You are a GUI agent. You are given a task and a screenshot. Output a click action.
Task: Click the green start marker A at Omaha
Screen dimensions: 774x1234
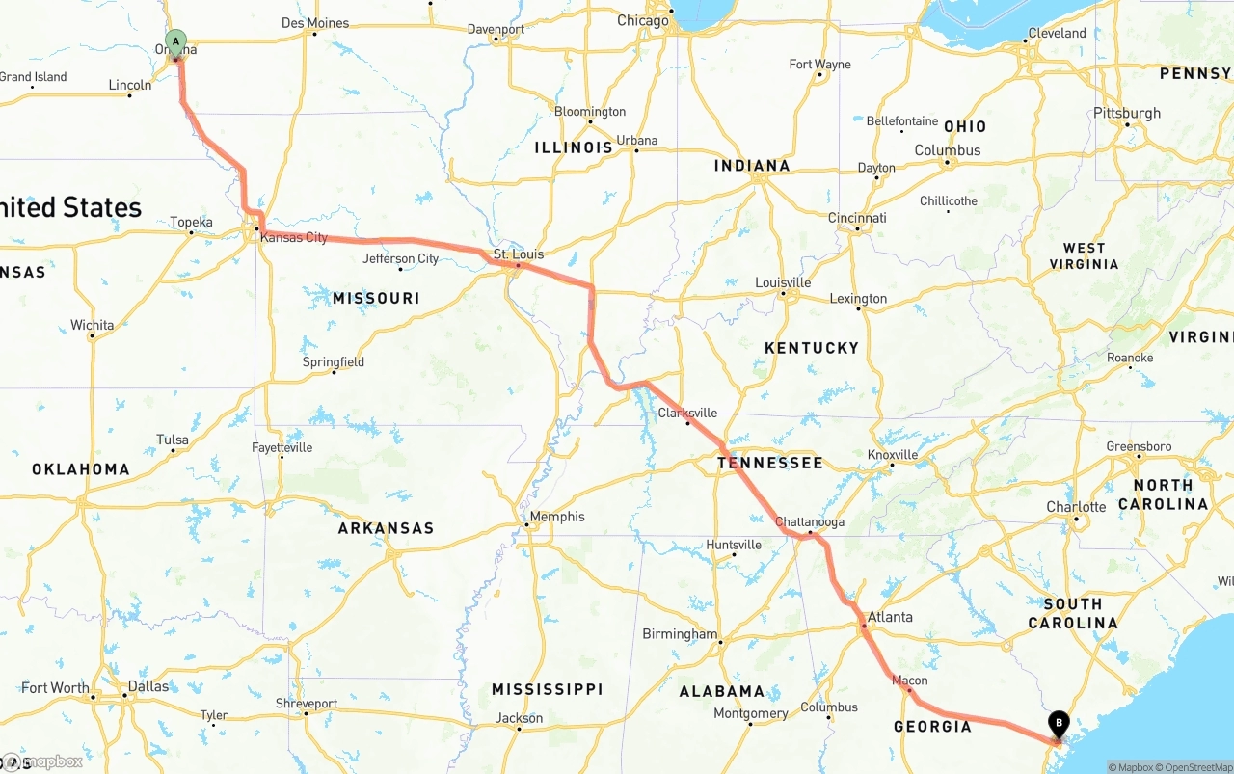175,41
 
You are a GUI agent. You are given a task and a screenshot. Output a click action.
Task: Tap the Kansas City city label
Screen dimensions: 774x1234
294,237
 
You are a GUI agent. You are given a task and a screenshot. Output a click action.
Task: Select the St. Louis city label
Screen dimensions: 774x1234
519,254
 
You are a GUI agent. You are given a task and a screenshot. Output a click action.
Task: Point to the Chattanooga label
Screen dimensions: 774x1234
810,522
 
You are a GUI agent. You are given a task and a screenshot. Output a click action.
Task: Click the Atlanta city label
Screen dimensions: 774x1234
890,617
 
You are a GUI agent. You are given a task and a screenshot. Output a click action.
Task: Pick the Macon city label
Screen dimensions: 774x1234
909,681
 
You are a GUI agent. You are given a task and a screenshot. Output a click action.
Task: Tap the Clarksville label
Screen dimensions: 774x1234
687,413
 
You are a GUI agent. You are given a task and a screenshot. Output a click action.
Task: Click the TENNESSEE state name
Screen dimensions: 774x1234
769,463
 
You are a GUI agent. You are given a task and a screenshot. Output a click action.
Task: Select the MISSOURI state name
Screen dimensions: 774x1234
376,298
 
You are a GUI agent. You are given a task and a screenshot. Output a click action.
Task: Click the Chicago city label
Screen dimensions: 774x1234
643,20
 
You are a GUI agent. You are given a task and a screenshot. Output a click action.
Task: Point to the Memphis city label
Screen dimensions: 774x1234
557,517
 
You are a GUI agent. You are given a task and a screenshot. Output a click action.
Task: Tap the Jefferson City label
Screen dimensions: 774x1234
401,258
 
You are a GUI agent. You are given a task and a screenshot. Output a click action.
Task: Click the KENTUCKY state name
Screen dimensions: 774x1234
811,347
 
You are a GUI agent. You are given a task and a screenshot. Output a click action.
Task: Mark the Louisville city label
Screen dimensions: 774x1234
783,282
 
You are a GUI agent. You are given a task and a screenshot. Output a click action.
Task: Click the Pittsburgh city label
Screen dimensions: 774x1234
1126,113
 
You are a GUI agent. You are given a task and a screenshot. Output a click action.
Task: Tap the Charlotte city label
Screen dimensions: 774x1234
1076,507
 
